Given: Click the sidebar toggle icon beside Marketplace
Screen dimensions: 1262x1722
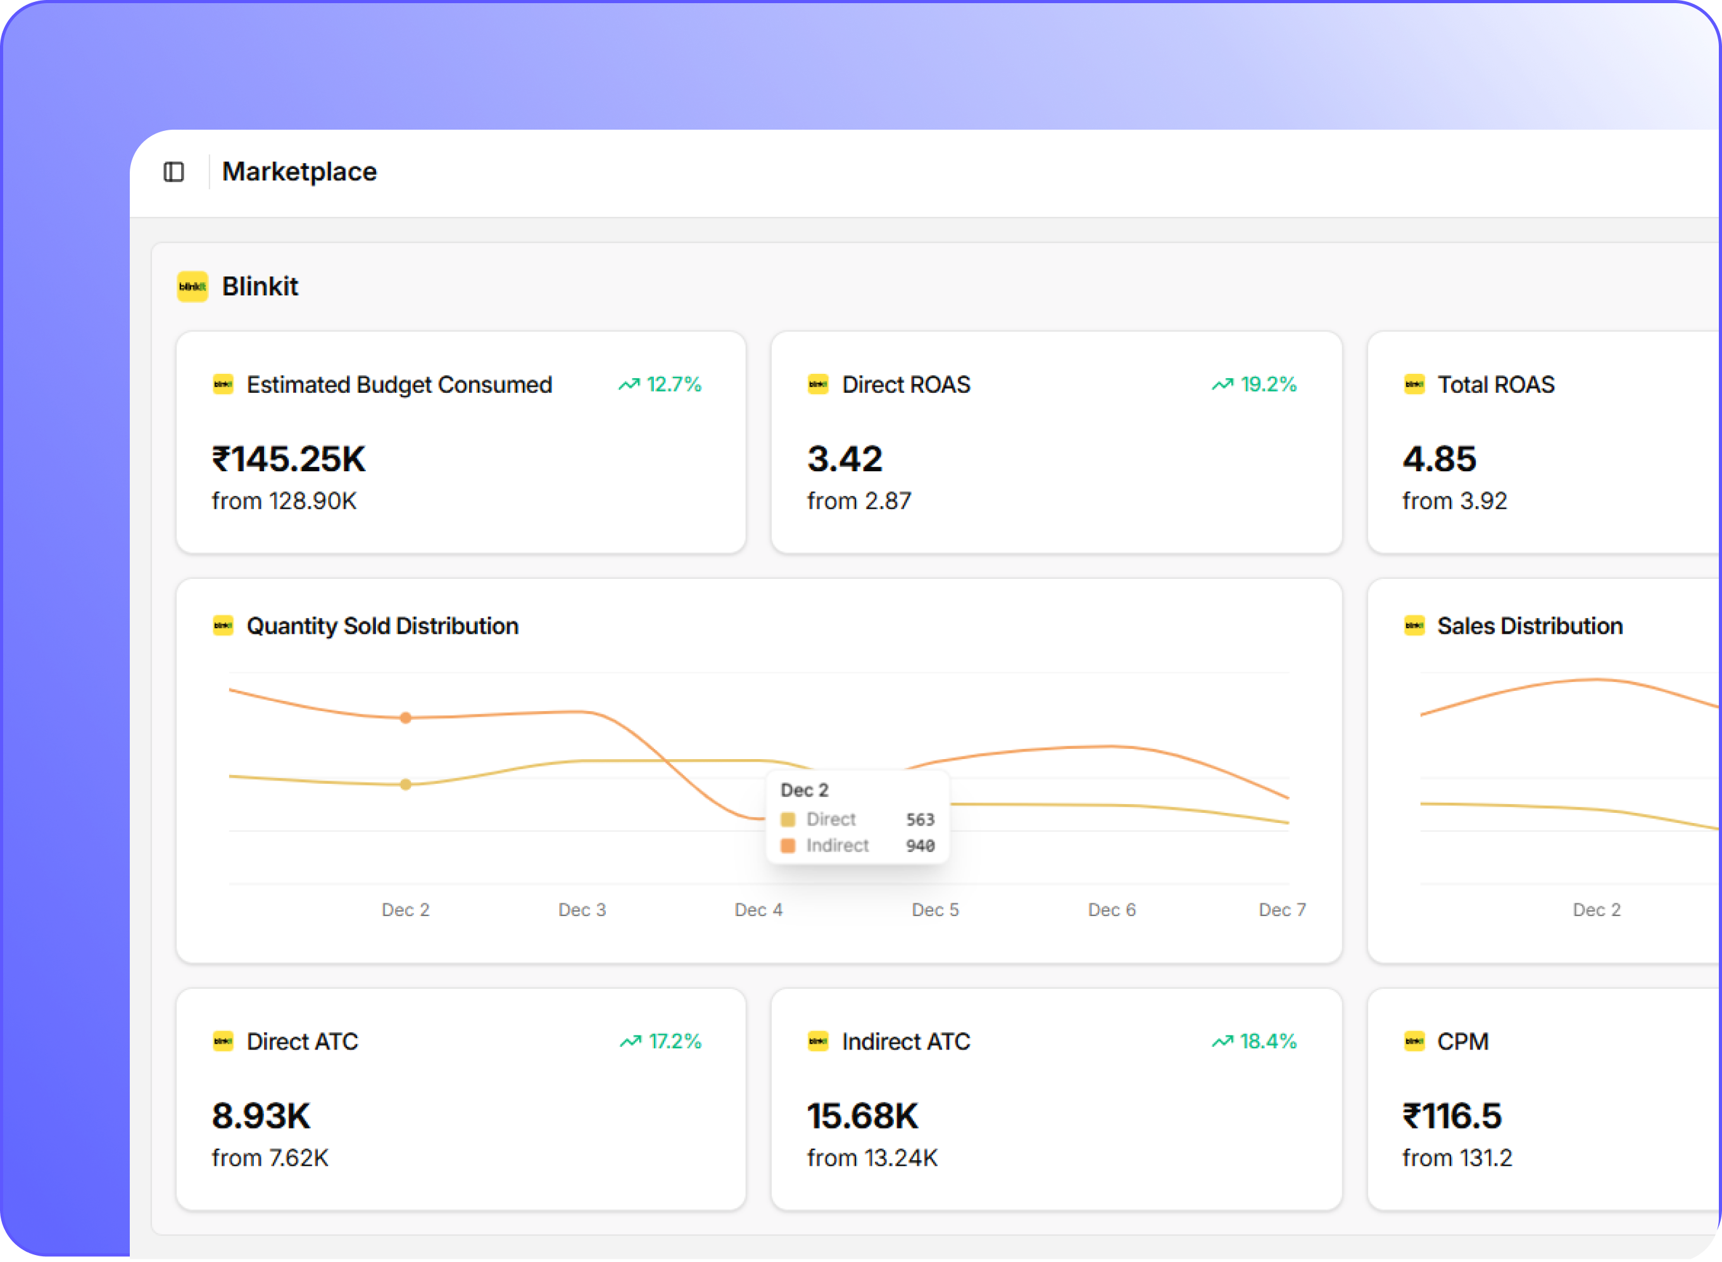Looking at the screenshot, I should point(173,172).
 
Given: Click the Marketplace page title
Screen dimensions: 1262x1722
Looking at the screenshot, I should point(299,172).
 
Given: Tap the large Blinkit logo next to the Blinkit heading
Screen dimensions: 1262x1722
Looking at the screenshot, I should point(192,287).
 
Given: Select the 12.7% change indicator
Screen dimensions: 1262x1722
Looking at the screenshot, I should point(660,384).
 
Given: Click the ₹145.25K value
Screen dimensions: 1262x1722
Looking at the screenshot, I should point(288,459).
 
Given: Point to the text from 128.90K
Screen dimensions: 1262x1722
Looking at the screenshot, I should point(284,501).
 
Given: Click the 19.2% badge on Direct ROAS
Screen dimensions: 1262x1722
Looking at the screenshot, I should point(1254,384).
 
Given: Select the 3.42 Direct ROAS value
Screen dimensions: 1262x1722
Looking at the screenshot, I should point(845,459).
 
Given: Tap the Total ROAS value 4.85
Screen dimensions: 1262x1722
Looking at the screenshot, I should point(1438,459).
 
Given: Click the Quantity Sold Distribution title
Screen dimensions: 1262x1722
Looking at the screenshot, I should point(382,626).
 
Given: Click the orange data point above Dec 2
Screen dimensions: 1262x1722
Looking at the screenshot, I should point(406,718).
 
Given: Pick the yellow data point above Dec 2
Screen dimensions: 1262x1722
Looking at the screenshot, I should point(406,784).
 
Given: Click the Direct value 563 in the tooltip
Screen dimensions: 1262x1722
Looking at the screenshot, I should point(919,820).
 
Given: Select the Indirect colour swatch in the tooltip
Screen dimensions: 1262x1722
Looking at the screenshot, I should point(787,846).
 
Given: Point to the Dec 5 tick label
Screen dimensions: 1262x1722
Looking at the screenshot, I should point(935,910).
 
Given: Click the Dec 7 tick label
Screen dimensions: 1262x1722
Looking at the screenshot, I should point(1282,910).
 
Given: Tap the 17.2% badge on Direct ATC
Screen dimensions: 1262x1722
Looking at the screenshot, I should point(660,1041).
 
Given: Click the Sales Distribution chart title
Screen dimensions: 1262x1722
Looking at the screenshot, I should point(1530,626).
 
